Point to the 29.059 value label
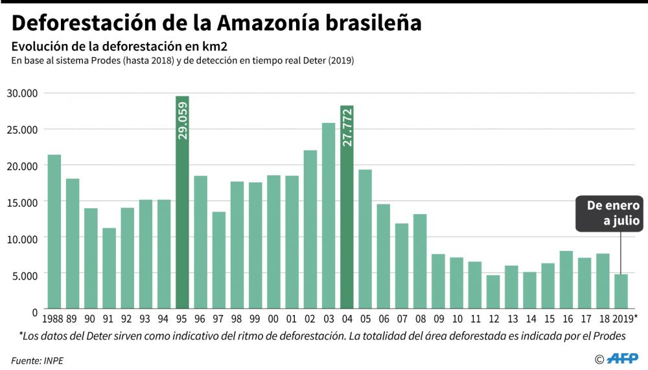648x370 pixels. click(x=182, y=120)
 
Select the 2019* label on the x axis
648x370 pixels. click(x=623, y=318)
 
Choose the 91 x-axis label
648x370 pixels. click(x=108, y=318)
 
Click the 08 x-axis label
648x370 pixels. click(x=420, y=318)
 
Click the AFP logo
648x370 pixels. click(x=623, y=358)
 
